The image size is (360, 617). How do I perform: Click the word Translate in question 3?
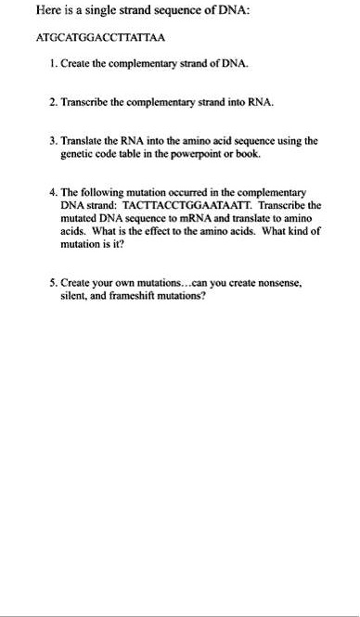(85, 139)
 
